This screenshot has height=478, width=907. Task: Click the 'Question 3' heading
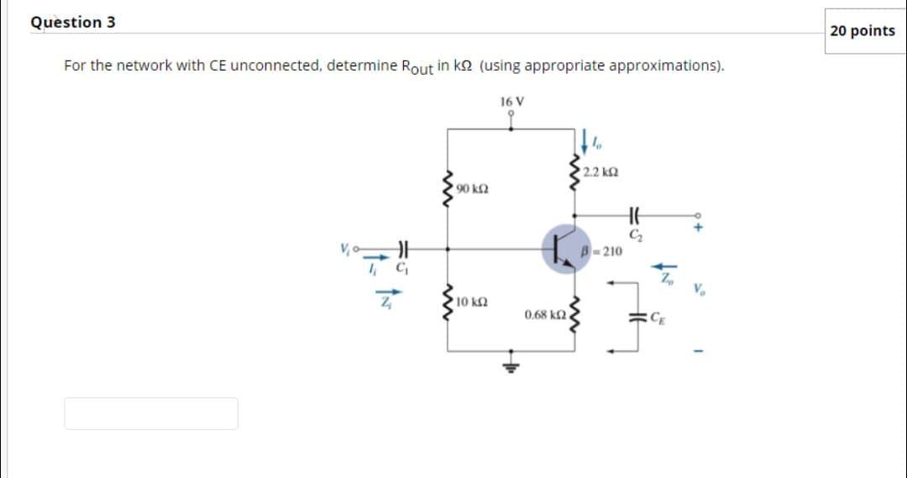click(73, 23)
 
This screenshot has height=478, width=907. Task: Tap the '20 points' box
click(862, 31)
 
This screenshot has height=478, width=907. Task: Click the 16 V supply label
click(511, 102)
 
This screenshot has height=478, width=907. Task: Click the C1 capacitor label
click(401, 271)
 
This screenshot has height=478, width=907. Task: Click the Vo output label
click(700, 292)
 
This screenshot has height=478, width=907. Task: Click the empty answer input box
click(151, 413)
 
